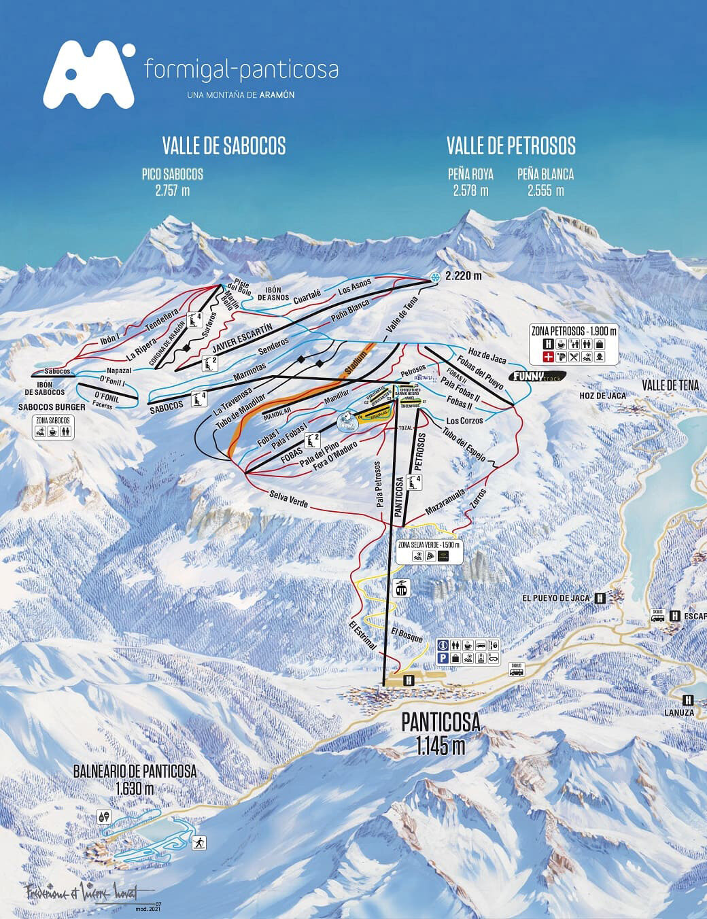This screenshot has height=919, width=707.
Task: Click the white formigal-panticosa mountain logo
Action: [88, 74]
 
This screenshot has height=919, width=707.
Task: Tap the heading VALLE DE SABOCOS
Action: [224, 145]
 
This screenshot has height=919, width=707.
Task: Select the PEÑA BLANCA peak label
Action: [545, 174]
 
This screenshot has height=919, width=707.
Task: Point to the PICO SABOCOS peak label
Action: [172, 175]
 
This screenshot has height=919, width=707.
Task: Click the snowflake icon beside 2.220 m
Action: [435, 276]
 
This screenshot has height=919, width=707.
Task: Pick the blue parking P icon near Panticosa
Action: [442, 658]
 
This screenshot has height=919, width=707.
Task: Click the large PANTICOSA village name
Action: [441, 722]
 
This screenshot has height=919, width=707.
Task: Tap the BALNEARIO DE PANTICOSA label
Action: [135, 771]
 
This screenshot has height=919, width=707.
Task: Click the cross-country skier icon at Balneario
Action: [200, 843]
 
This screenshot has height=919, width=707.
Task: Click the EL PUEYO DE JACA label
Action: [555, 598]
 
